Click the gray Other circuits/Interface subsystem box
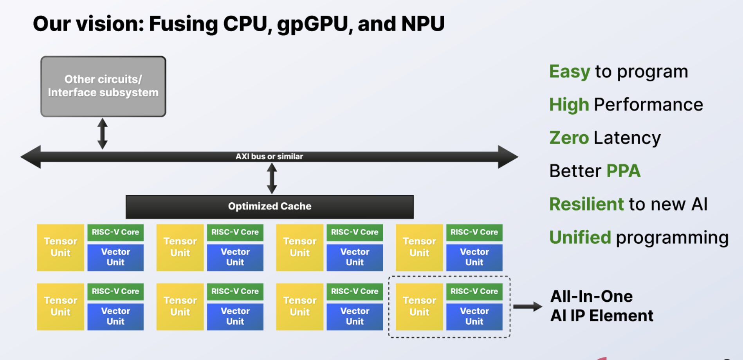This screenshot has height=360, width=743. (103, 86)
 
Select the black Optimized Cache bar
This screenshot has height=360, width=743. (269, 207)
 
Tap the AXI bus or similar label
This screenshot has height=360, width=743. (269, 157)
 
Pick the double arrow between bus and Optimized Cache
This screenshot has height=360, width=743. (272, 178)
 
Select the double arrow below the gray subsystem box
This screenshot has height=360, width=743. (103, 133)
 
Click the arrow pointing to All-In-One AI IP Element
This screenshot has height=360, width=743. (527, 306)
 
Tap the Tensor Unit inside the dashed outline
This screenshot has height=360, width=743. (419, 306)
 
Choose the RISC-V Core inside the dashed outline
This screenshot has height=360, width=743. (474, 292)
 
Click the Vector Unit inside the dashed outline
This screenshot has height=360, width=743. (474, 316)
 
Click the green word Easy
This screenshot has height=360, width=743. (570, 72)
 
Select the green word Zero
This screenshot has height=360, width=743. (569, 138)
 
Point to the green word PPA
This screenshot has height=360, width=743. (623, 171)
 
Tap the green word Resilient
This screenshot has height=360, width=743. (586, 204)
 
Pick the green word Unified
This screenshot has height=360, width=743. (580, 238)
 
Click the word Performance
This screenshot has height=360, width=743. (648, 105)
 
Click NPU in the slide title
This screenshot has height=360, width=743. (423, 24)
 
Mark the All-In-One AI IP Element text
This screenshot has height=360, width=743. (602, 306)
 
